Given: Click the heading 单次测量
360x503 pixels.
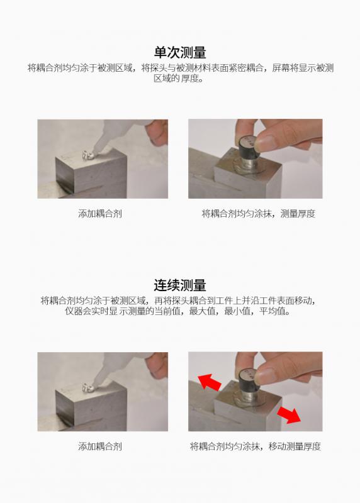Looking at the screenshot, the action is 180,52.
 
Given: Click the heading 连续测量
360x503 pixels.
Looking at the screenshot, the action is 180,285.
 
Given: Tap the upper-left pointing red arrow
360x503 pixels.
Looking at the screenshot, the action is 210,382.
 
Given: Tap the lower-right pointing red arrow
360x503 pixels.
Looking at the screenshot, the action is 289,414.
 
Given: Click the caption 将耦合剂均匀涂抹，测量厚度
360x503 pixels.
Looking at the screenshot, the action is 259,214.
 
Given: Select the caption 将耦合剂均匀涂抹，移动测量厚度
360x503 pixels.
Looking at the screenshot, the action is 256,446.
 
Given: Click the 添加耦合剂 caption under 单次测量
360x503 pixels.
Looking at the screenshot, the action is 100,214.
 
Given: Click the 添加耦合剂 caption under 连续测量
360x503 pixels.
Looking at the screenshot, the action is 100,446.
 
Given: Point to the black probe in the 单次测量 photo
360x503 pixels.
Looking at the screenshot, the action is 249,148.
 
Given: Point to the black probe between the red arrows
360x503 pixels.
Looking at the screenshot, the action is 249,380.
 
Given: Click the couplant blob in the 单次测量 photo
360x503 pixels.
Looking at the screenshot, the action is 87,155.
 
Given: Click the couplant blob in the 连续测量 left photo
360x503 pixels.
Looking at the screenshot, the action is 87,388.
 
